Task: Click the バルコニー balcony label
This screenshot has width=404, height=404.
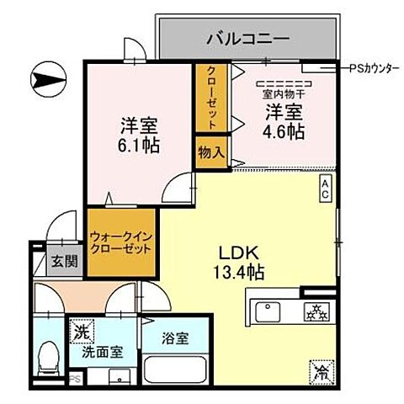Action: (248, 38)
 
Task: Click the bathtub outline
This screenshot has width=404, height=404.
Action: (173, 371)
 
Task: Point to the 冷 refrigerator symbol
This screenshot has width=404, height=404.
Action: (321, 369)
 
